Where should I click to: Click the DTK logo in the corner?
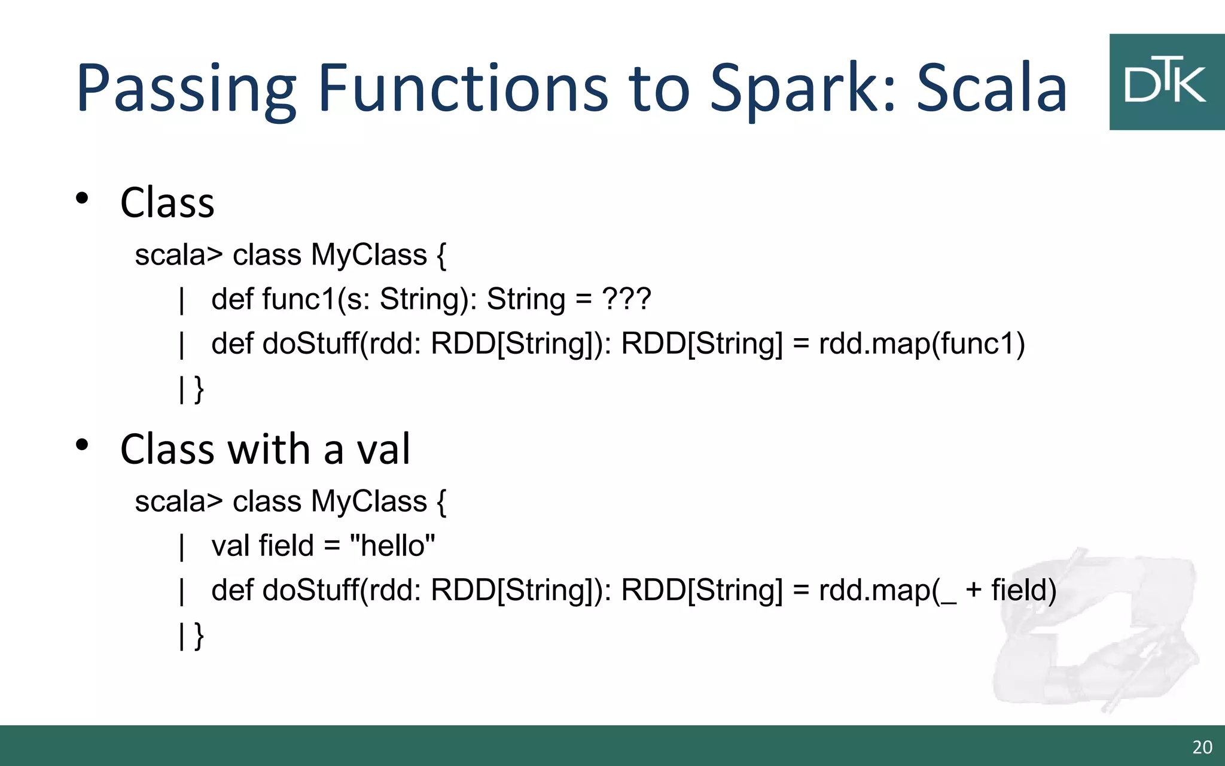(x=1166, y=82)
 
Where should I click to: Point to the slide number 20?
(x=1202, y=747)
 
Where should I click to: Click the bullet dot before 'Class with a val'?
(x=83, y=445)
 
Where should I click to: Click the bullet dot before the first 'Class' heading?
(x=83, y=198)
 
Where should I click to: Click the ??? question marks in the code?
(x=626, y=299)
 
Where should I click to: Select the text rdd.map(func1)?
(x=922, y=344)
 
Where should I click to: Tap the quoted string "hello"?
(x=392, y=545)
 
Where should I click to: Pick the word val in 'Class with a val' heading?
(x=383, y=449)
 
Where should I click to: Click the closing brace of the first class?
(x=199, y=389)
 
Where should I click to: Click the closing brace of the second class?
(x=199, y=636)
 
